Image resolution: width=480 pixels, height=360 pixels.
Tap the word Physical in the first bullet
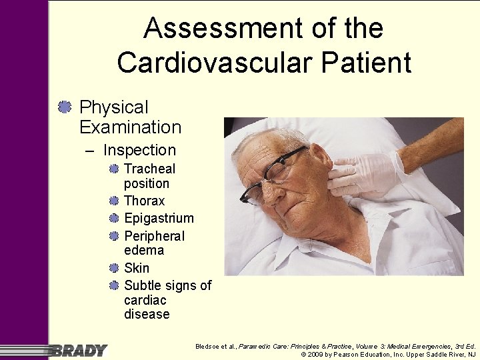pyautogui.click(x=113, y=107)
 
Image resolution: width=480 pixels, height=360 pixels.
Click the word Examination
pyautogui.click(x=130, y=127)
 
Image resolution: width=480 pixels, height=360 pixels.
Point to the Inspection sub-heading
pyautogui.click(x=139, y=150)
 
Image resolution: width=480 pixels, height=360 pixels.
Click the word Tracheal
pyautogui.click(x=150, y=169)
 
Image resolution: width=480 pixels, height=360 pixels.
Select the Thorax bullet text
pyautogui.click(x=145, y=201)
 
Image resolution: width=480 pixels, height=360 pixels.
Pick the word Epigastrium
pyautogui.click(x=159, y=218)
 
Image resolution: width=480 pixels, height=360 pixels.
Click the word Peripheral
pyautogui.click(x=154, y=236)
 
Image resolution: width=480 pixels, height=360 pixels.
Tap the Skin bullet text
pyautogui.click(x=137, y=268)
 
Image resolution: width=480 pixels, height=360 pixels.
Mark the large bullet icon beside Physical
pyautogui.click(x=65, y=107)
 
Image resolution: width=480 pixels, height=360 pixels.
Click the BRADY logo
pyautogui.click(x=79, y=350)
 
